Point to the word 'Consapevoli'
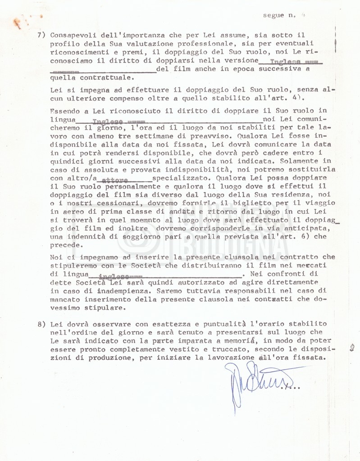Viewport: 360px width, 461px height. pyautogui.click(x=71, y=35)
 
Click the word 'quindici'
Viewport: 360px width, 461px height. pyautogui.click(x=66, y=160)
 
